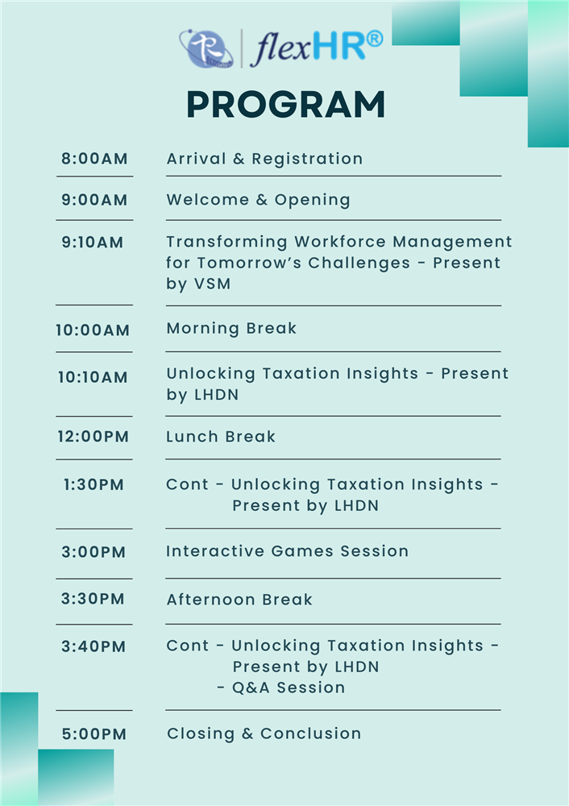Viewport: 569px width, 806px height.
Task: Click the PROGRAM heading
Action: coord(286,105)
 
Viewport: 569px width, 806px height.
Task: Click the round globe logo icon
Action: coord(206,49)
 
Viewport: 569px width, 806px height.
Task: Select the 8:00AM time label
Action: coord(94,158)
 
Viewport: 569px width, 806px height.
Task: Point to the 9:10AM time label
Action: coord(93,242)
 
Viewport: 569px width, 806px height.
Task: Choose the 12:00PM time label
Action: coord(93,436)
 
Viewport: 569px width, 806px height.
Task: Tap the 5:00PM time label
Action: coord(94,733)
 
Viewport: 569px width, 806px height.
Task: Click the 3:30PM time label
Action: coord(93,599)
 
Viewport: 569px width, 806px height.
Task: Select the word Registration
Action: coord(307,160)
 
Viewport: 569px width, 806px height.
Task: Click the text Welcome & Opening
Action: coord(259,200)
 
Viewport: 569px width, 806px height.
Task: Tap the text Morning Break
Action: coord(232,329)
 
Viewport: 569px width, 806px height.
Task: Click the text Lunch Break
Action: coord(221,437)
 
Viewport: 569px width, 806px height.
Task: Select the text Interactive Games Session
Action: coord(288,551)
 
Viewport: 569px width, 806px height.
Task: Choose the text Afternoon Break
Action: coord(239,600)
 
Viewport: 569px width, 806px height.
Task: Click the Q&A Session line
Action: coord(281,688)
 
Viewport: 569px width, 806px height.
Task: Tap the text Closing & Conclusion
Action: coord(264,733)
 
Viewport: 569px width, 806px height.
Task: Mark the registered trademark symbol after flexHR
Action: coord(375,39)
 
